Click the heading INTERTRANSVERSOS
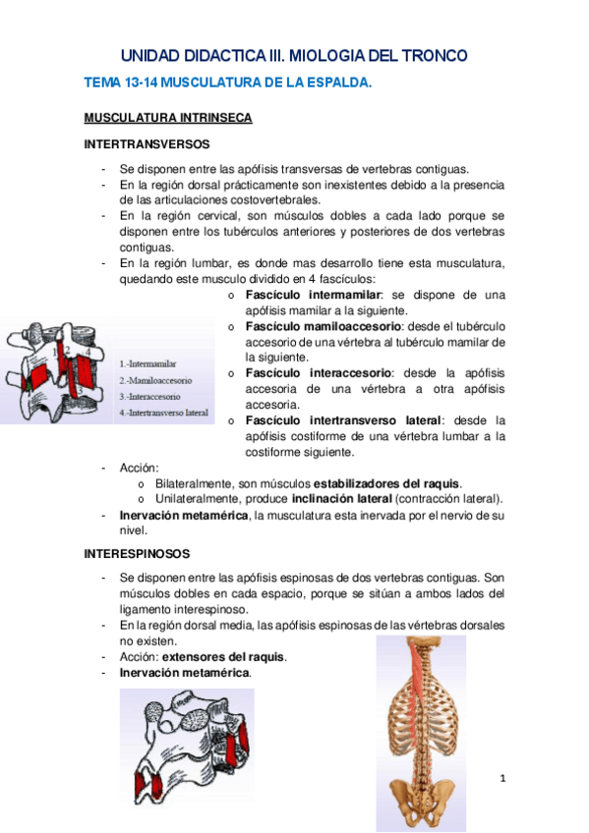pyautogui.click(x=146, y=143)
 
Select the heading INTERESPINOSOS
pyautogui.click(x=137, y=554)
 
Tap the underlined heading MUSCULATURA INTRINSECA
pyautogui.click(x=168, y=118)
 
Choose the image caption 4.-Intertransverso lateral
pyautogui.click(x=164, y=413)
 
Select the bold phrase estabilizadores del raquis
pyautogui.click(x=385, y=482)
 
